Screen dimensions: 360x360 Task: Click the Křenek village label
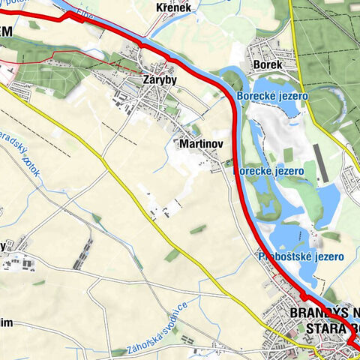click(175, 7)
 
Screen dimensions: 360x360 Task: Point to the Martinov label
click(198, 142)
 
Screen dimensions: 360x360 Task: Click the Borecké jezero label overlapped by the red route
click(271, 171)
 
